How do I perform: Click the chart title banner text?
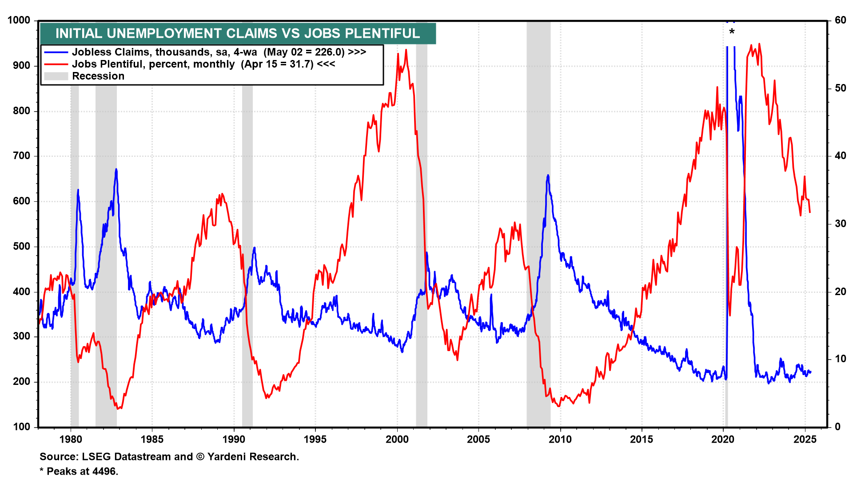238,33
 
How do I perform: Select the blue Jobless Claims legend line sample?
56,52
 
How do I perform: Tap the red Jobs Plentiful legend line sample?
56,64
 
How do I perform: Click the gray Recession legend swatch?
56,76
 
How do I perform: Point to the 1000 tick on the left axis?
19,20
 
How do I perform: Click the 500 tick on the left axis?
22,246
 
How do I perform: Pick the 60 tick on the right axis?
840,20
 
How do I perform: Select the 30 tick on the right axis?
840,224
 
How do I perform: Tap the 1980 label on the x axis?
71,440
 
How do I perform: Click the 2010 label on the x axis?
560,440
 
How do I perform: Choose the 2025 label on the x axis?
805,440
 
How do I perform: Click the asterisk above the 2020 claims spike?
732,32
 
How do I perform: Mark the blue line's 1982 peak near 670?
116,169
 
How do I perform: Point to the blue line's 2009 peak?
548,176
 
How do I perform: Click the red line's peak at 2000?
406,50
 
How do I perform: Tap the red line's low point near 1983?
118,408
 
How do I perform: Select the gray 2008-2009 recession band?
538,222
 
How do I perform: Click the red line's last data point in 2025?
810,212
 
